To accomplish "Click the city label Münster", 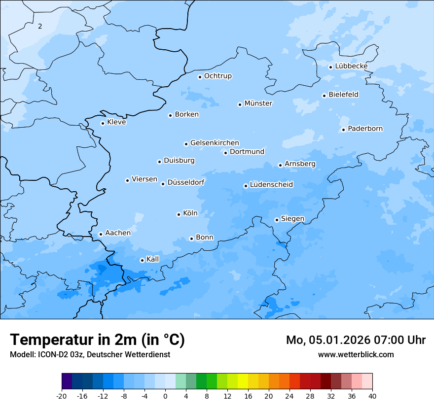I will pyautogui.click(x=258, y=103).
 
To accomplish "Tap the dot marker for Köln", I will pyautogui.click(x=179, y=214).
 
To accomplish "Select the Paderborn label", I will pyautogui.click(x=365, y=129).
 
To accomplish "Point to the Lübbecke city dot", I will pyautogui.click(x=331, y=67).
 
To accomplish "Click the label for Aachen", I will pyautogui.click(x=118, y=233).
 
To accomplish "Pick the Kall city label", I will pyautogui.click(x=153, y=259).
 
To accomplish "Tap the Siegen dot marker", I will pyautogui.click(x=277, y=220).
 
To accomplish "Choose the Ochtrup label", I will pyautogui.click(x=217, y=76).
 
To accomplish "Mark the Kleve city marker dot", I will pyautogui.click(x=103, y=123).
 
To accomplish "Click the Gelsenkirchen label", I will pyautogui.click(x=215, y=143).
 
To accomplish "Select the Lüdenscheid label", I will pyautogui.click(x=271, y=185).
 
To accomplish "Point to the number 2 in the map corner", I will pyautogui.click(x=40, y=26).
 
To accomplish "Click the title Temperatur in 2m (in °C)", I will pyautogui.click(x=97, y=340).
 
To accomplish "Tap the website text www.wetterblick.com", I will pyautogui.click(x=356, y=355).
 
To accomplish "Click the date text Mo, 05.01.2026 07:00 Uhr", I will pyautogui.click(x=356, y=340).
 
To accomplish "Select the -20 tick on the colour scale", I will pyautogui.click(x=62, y=396).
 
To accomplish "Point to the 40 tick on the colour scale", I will pyautogui.click(x=372, y=396).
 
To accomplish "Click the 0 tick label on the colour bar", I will pyautogui.click(x=165, y=396).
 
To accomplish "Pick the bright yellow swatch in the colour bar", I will pyautogui.click(x=243, y=381).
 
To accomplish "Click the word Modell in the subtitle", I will pyautogui.click(x=22, y=355).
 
